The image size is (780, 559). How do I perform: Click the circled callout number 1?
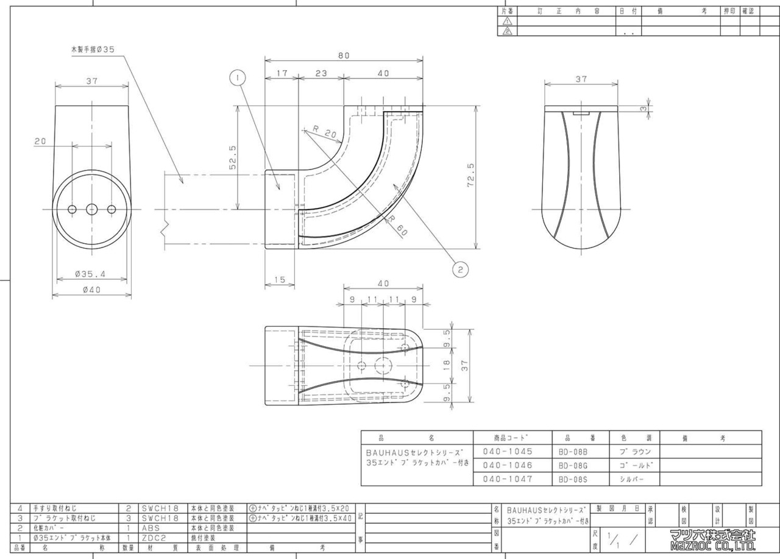[x=237, y=77]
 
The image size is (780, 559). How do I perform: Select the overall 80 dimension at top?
[x=344, y=55]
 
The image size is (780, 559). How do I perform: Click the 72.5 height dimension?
[x=470, y=176]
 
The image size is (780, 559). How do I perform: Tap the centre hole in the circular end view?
[x=91, y=209]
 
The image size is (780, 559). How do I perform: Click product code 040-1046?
[x=508, y=465]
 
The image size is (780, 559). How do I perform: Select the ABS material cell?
[x=151, y=528]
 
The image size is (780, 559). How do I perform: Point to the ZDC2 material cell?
[x=154, y=538]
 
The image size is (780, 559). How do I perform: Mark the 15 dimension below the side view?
[x=280, y=280]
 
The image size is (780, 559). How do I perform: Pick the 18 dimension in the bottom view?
[x=446, y=365]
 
